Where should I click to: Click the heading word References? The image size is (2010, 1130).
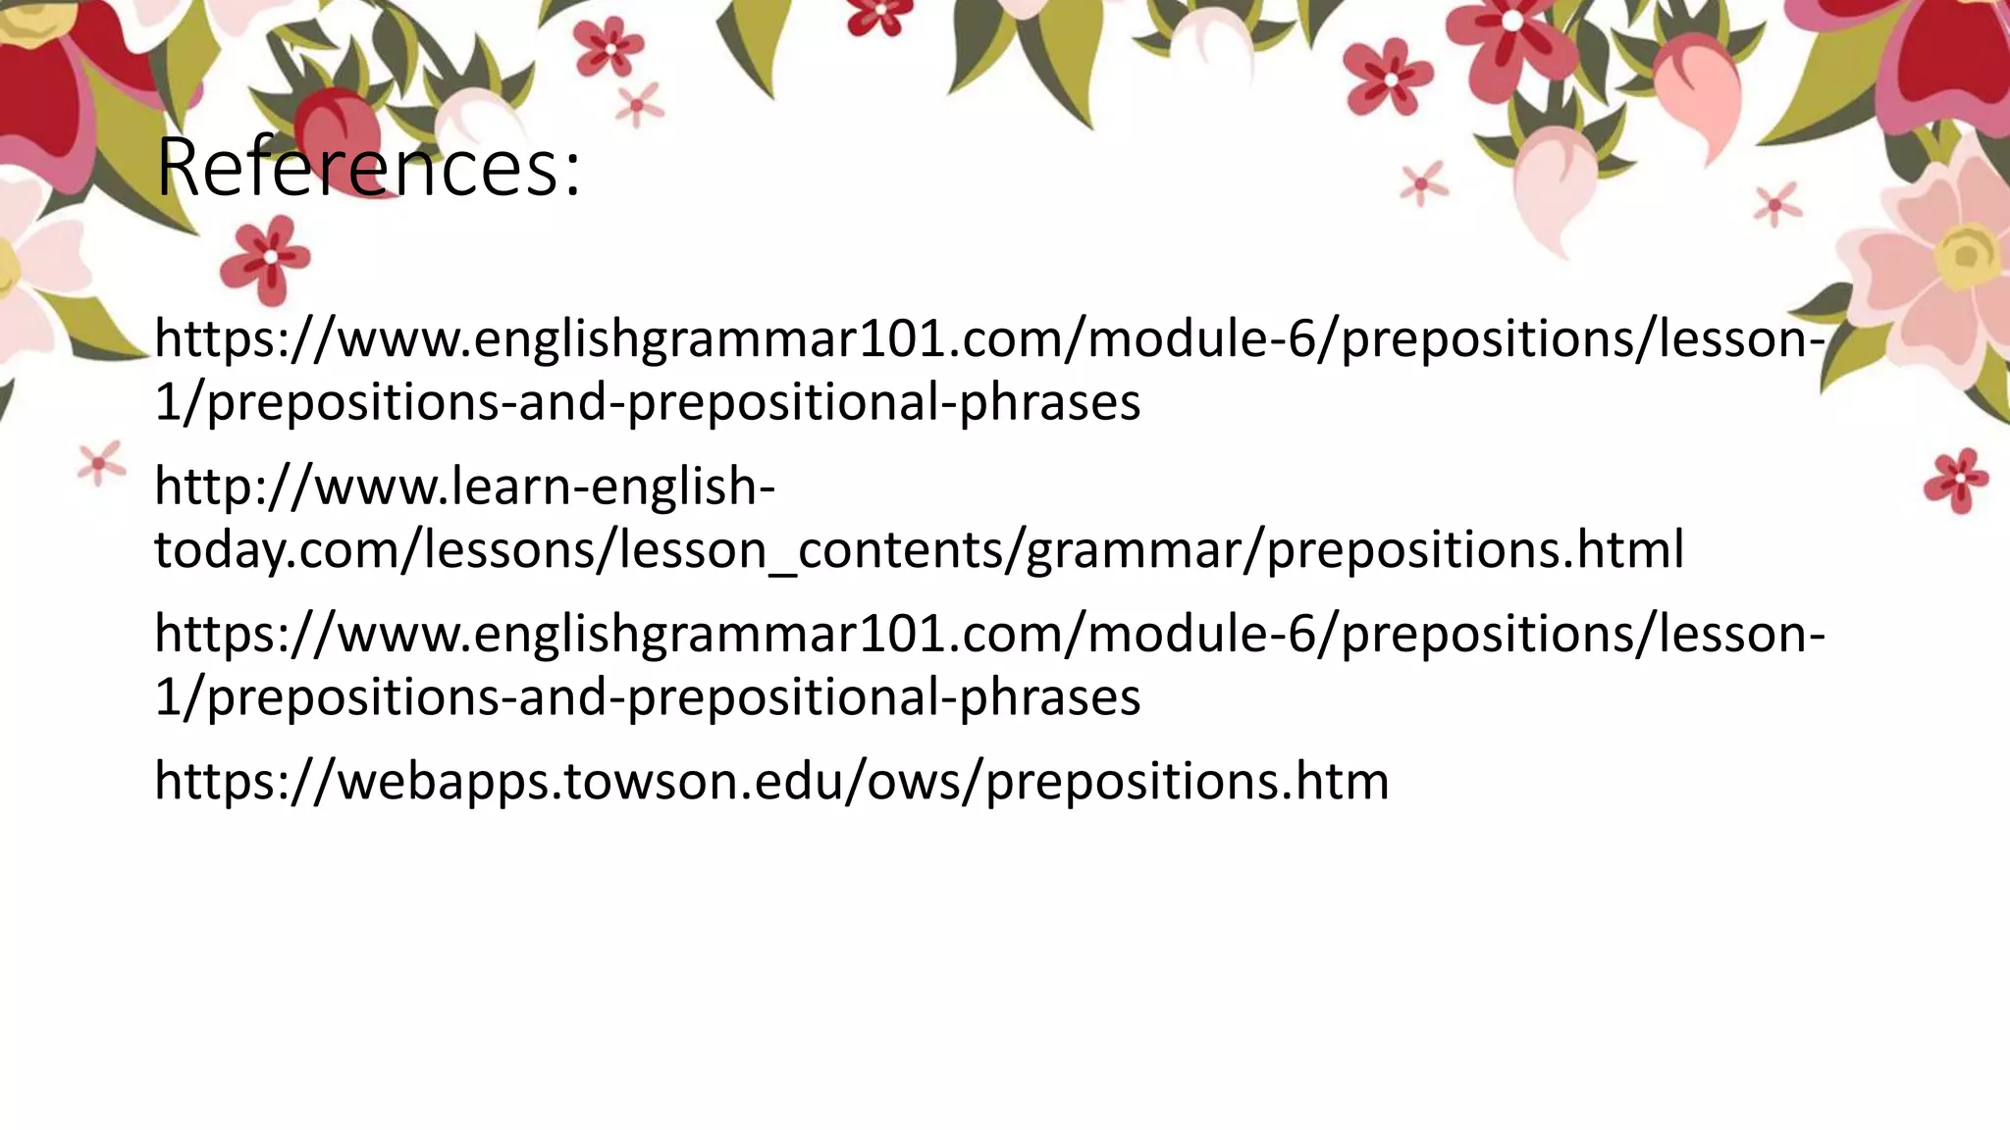click(x=353, y=167)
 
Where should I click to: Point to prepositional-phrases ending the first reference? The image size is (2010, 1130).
click(x=883, y=402)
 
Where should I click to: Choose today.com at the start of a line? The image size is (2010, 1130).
click(x=275, y=549)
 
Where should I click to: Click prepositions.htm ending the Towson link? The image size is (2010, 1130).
click(x=1188, y=782)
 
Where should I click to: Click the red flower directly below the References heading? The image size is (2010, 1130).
click(x=267, y=257)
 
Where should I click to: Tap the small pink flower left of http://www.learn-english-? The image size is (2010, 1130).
click(x=99, y=463)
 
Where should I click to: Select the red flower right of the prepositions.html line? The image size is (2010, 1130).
click(x=1956, y=480)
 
